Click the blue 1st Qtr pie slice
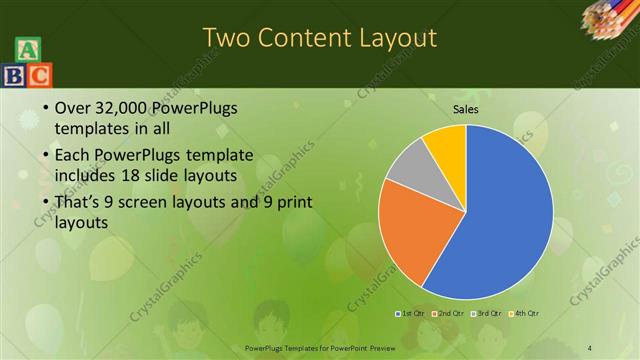[x=505, y=215]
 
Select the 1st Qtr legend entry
[x=411, y=313]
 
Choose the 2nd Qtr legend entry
[x=450, y=313]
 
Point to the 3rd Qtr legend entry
[x=486, y=313]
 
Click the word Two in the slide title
[x=226, y=39]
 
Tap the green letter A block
[x=27, y=49]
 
